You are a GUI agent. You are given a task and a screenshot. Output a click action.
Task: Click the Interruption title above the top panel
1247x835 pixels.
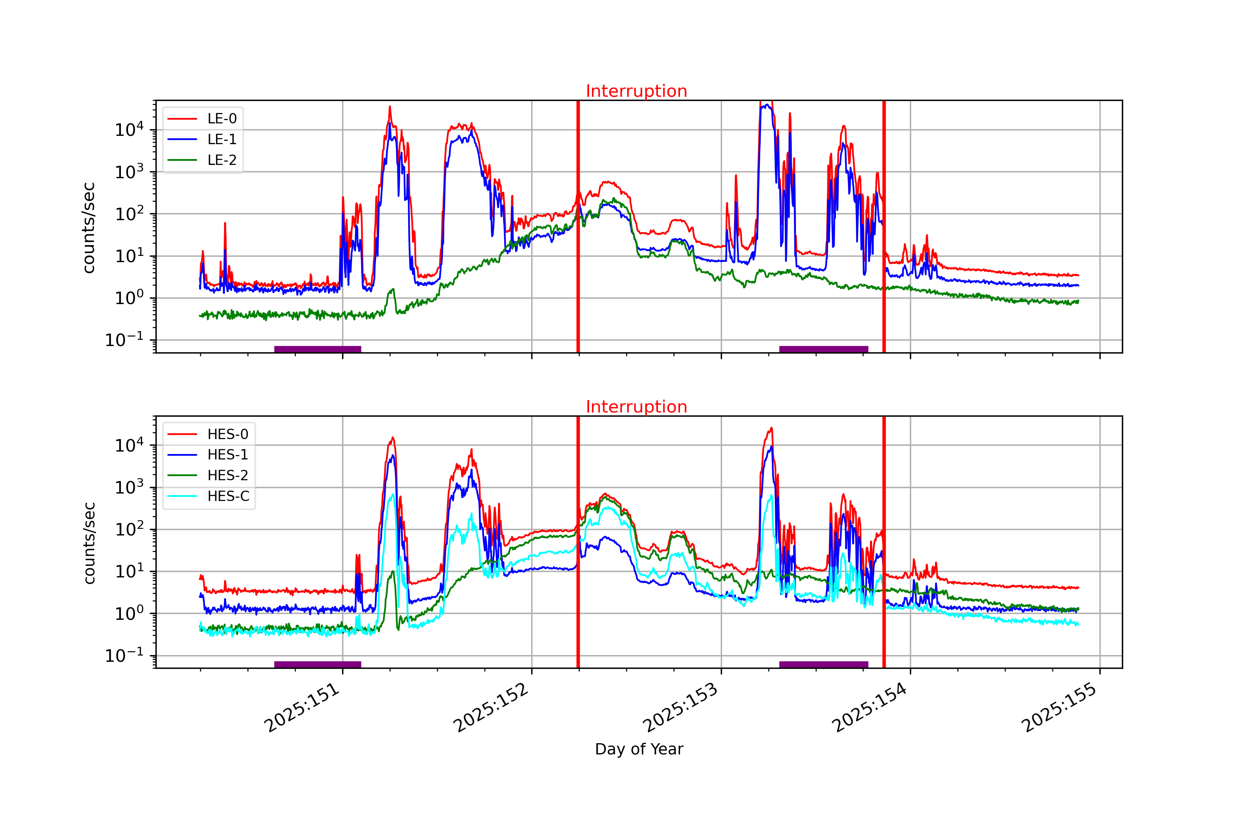[636, 91]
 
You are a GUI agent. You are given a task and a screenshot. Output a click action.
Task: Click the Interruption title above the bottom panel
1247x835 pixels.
[636, 407]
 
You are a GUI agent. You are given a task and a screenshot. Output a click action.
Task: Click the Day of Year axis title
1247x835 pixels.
[639, 749]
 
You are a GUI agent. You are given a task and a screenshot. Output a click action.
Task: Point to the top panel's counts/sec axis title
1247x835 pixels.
[89, 228]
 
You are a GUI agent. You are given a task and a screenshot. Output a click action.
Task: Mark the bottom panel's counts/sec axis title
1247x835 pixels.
[89, 543]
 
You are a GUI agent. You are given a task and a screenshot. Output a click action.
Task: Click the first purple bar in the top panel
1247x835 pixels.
[318, 349]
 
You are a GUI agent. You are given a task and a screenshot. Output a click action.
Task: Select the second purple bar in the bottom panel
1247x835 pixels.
[823, 665]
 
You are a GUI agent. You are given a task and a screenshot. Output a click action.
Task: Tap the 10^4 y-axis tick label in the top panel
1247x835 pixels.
[129, 130]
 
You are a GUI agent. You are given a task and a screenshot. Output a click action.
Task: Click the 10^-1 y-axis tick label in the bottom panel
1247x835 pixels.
[124, 656]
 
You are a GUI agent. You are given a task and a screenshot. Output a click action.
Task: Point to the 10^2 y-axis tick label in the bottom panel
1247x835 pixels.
[129, 530]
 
